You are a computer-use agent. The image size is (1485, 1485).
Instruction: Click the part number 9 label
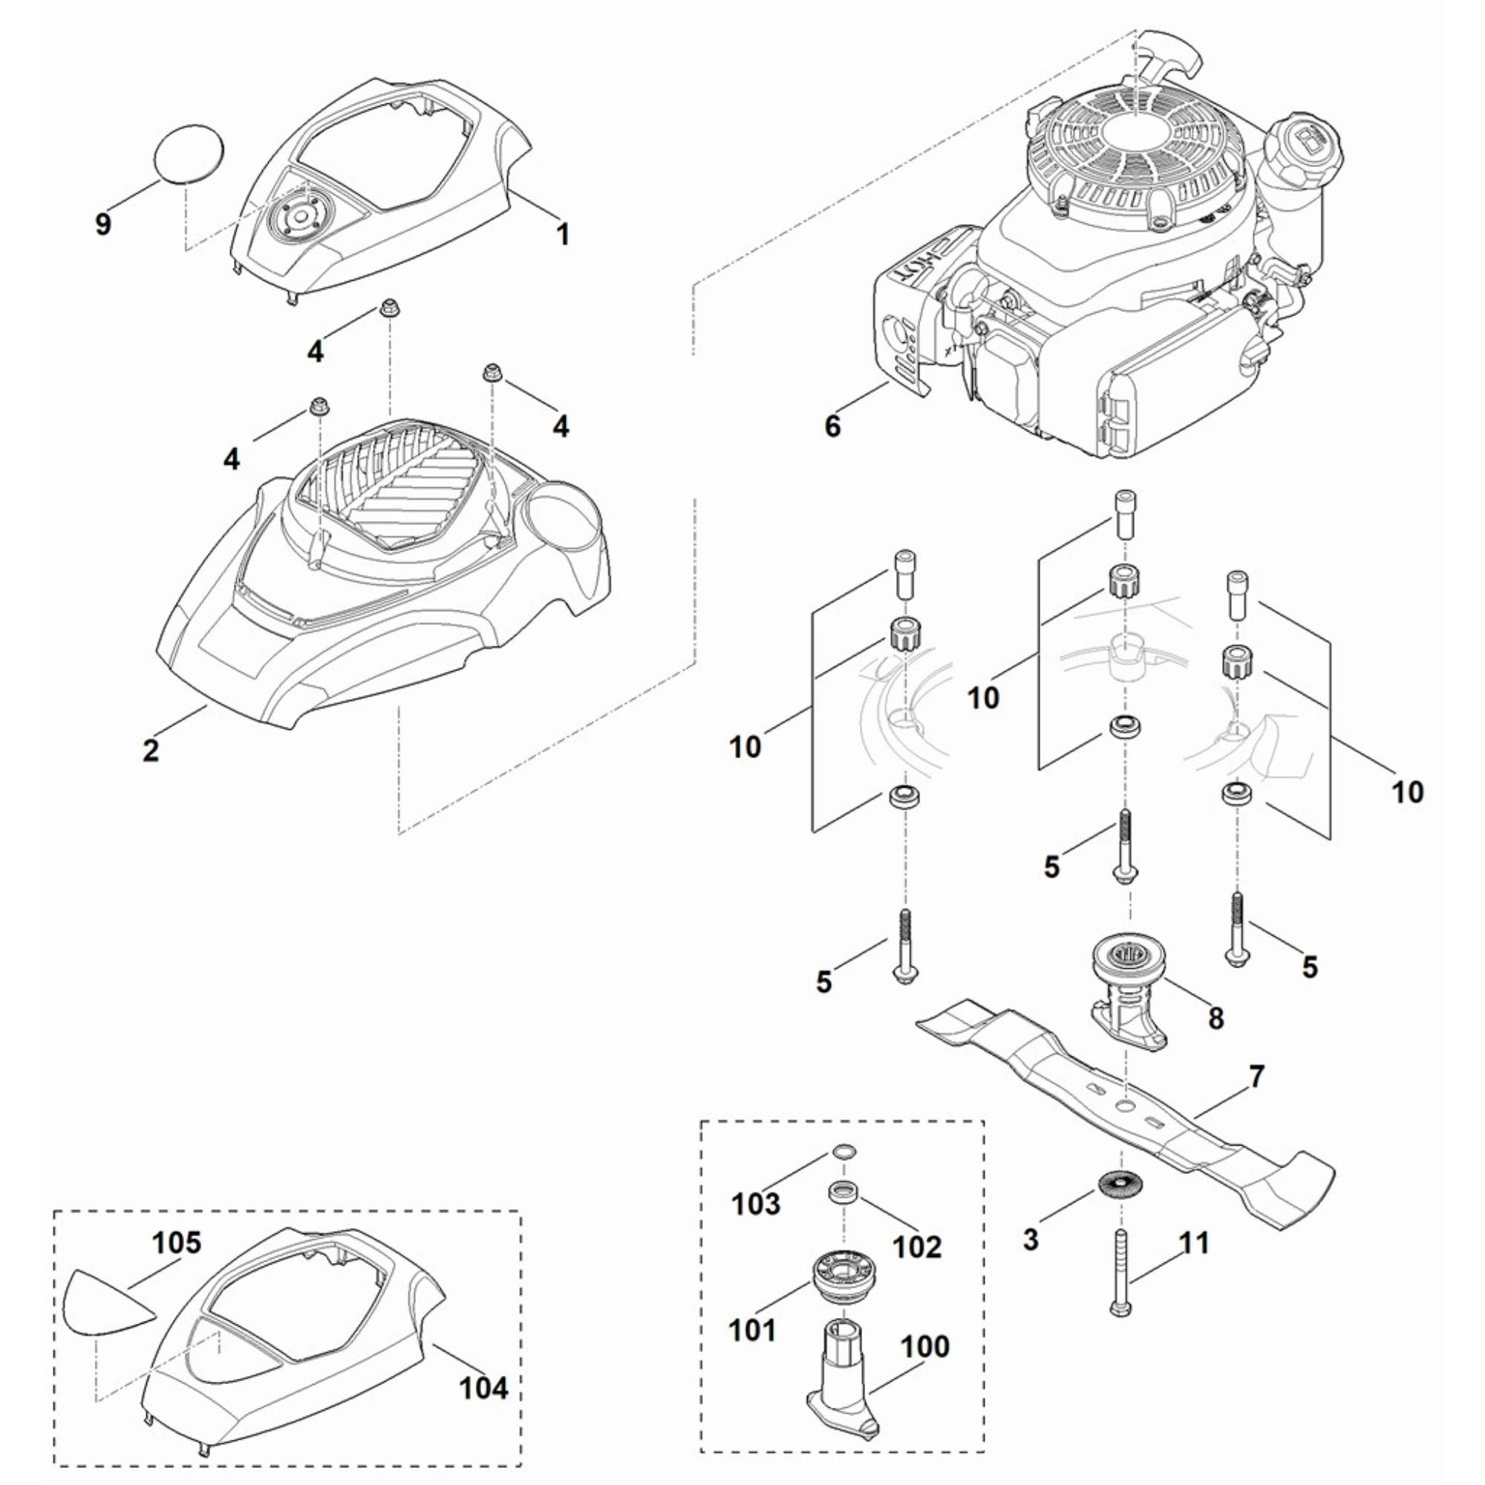103,224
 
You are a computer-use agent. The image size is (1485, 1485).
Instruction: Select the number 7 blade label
1256,1077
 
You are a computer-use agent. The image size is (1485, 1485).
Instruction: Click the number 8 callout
1215,1019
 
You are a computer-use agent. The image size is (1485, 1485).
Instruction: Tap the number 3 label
1031,1239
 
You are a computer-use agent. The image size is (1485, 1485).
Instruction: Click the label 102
918,1247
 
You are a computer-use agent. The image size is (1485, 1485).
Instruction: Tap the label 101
752,1330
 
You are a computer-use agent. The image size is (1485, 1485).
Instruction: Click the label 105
177,1243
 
